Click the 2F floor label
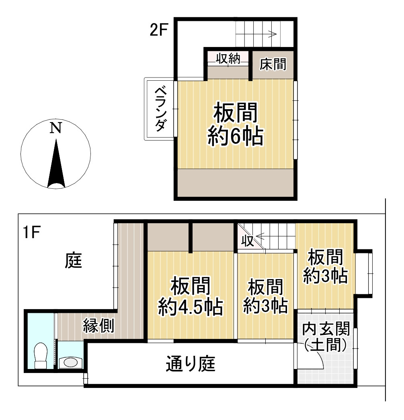(x=158, y=31)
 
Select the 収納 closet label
(x=228, y=59)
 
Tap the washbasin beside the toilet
(x=71, y=362)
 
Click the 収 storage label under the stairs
(x=247, y=241)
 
